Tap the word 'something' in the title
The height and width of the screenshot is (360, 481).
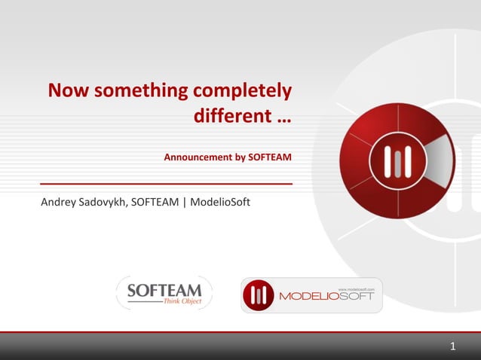pos(139,92)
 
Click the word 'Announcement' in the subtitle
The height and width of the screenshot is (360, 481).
pos(198,158)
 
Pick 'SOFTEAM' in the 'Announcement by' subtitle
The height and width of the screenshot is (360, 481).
pos(270,158)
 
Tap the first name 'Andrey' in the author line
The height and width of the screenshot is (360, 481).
pos(57,203)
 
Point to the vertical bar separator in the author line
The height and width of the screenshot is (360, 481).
pos(184,203)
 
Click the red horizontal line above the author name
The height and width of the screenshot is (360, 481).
pos(166,183)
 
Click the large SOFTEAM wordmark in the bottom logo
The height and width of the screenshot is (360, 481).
pos(164,290)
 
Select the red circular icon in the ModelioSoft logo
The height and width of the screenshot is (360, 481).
pos(259,295)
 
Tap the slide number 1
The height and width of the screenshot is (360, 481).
pos(452,347)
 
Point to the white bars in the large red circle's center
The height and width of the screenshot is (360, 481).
pos(396,160)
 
